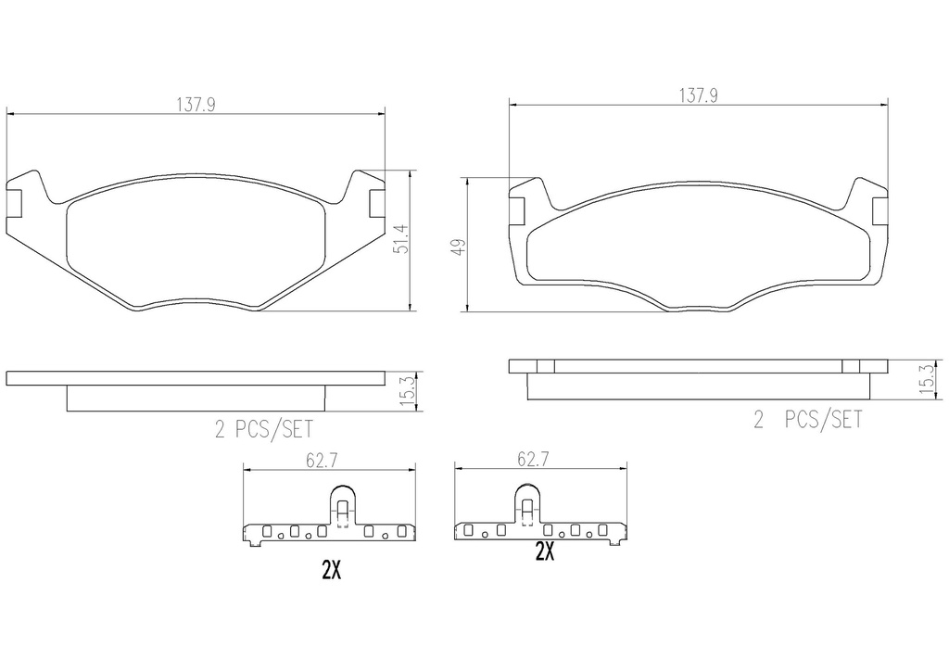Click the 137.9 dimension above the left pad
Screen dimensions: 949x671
pos(196,105)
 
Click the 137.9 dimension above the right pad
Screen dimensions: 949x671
pos(698,95)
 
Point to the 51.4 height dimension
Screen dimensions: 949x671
pos(402,240)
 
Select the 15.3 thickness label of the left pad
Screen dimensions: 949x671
pos(407,391)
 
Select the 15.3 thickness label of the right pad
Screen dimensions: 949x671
pos(926,381)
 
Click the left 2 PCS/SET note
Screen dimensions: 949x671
pos(264,430)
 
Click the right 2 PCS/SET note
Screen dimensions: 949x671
pos(807,419)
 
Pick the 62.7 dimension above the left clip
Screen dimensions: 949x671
pos(322,461)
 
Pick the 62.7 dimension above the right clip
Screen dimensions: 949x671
pos(533,460)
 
